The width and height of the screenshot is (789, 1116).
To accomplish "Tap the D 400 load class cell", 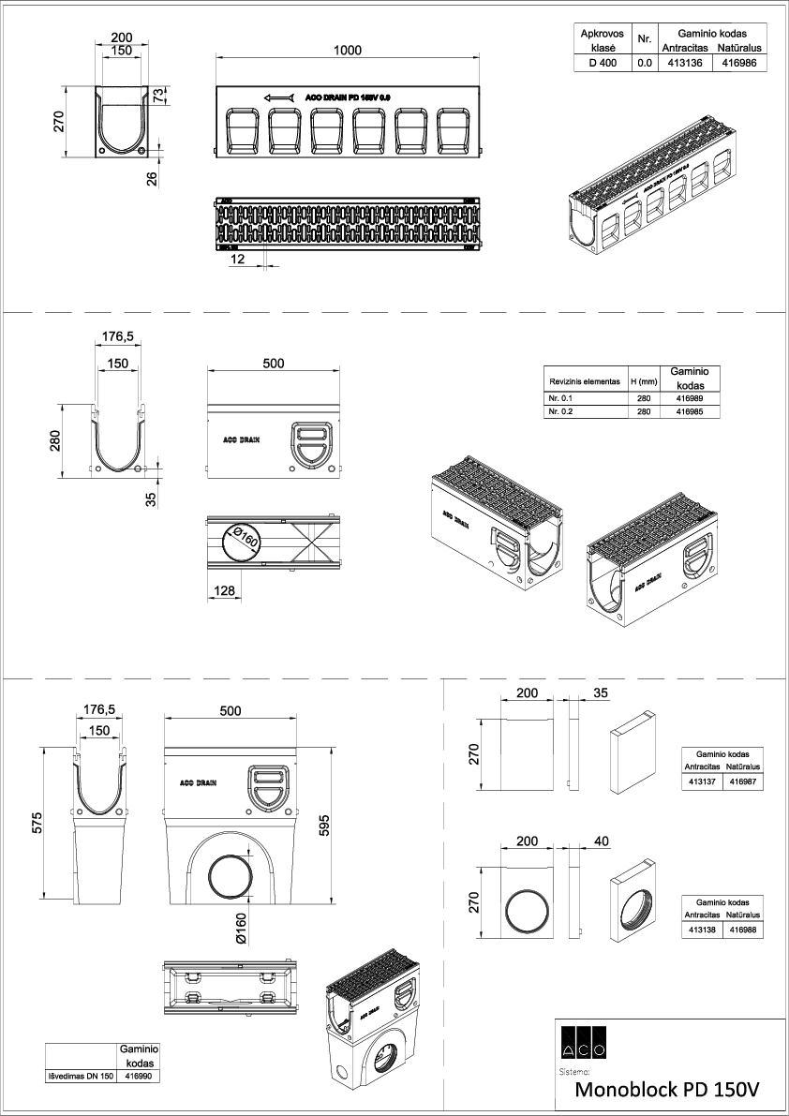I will [602, 64].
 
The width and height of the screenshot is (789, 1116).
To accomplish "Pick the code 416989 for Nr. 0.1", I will [689, 398].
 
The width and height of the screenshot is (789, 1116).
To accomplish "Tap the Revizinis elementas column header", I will [584, 382].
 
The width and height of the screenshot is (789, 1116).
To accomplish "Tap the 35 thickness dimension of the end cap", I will [602, 694].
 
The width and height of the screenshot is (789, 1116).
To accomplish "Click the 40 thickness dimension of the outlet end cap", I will [602, 841].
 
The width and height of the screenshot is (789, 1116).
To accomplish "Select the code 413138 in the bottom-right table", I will [702, 930].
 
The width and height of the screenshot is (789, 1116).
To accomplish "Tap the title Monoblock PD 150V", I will [665, 1090].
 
